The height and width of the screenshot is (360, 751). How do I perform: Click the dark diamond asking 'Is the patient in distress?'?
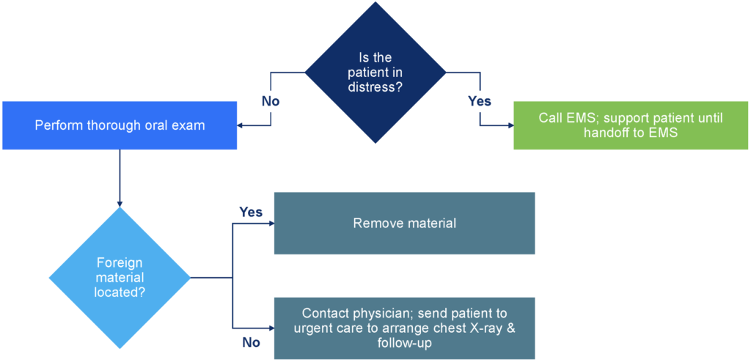click(x=375, y=73)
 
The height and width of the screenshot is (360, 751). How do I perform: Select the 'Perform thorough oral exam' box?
click(x=120, y=125)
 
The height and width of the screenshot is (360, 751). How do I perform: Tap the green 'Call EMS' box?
click(x=631, y=125)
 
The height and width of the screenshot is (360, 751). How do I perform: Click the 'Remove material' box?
click(x=404, y=223)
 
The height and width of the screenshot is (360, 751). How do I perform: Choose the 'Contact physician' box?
click(x=404, y=328)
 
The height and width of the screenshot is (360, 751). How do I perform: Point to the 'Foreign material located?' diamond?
click(x=120, y=277)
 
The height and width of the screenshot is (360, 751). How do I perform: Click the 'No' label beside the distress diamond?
click(x=271, y=101)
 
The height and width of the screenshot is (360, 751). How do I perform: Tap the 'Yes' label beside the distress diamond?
click(x=480, y=101)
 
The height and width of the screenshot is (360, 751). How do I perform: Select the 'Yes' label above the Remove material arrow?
click(x=251, y=212)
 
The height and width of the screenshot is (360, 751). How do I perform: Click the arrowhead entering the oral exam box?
click(x=241, y=125)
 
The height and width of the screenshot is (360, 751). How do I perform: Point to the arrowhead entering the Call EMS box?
click(x=510, y=125)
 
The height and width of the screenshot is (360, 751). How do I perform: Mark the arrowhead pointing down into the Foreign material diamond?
click(x=120, y=202)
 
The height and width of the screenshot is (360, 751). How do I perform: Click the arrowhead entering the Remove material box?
click(x=271, y=223)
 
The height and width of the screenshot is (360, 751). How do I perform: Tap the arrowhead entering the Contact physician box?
click(x=271, y=328)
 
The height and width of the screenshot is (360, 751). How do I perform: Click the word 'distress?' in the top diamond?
click(x=375, y=88)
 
